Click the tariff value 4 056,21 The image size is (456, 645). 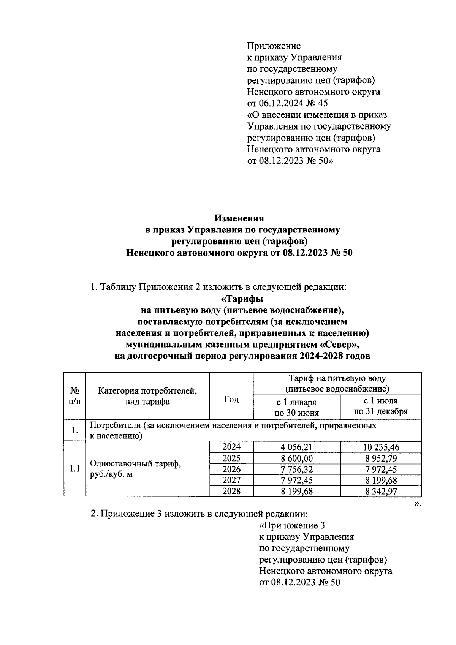coord(296,447)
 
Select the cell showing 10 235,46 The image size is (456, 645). coord(381,447)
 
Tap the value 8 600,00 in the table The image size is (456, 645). coord(296,458)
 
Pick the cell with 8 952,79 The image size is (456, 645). coord(381,458)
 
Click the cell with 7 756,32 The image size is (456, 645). coord(296,469)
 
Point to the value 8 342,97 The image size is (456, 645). coord(381,491)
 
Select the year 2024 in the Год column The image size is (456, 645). coord(231,447)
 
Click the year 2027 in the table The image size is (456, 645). coord(231,480)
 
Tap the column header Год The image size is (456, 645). coord(231,399)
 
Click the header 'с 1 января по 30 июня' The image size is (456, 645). coord(296,407)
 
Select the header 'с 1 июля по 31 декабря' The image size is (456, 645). coord(381,406)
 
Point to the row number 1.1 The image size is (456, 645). coord(74,469)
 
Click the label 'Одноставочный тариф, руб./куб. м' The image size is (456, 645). coord(135,469)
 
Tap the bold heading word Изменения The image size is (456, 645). coord(239,218)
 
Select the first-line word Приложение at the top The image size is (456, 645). coord(274,46)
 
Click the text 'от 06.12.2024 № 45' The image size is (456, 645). coord(287,103)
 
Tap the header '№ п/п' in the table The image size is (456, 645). coord(74,396)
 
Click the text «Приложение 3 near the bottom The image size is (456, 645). coord(292,526)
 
